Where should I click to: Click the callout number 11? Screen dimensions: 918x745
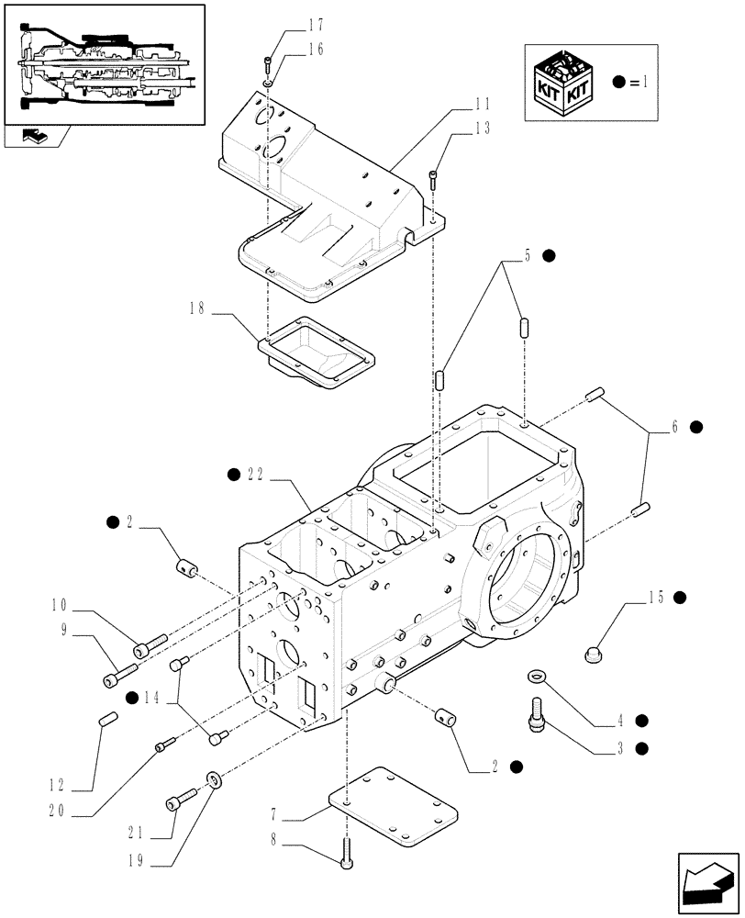click(482, 104)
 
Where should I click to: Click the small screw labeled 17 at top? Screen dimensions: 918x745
click(267, 64)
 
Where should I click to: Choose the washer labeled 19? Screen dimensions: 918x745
click(213, 780)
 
